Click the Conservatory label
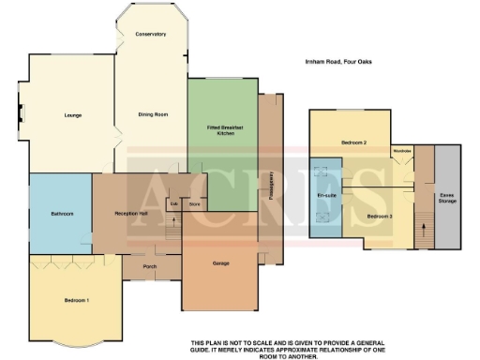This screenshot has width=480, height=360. pyautogui.click(x=150, y=34)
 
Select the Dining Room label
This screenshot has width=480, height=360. pyautogui.click(x=153, y=114)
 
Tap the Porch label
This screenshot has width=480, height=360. pyautogui.click(x=149, y=266)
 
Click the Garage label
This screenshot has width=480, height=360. pyautogui.click(x=221, y=263)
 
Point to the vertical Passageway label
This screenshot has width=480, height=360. pyautogui.click(x=271, y=187)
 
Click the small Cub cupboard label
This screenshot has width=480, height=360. pyautogui.click(x=173, y=202)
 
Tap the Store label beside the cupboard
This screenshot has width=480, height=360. pyautogui.click(x=195, y=202)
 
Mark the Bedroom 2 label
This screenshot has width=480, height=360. pyautogui.click(x=352, y=142)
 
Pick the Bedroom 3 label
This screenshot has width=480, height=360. pyautogui.click(x=379, y=217)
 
